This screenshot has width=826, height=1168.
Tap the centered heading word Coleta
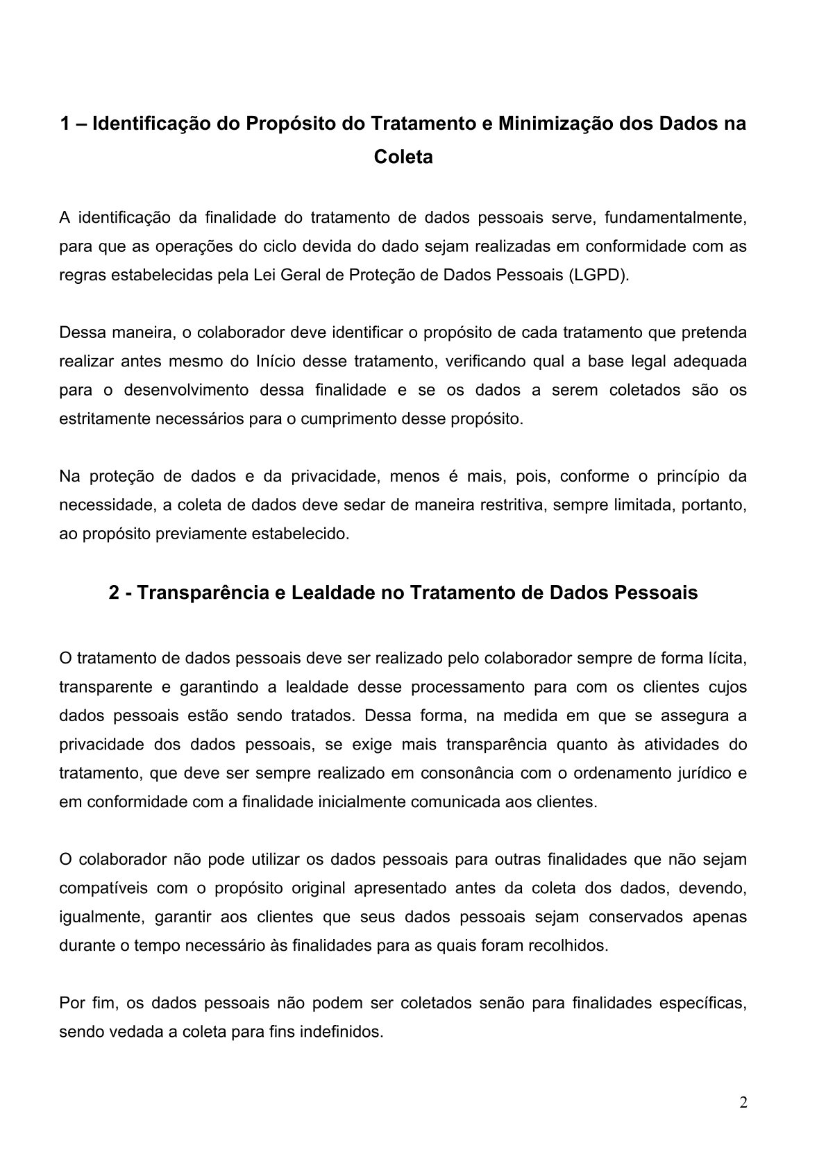(x=403, y=157)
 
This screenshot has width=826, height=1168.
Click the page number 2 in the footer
(x=743, y=1103)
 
